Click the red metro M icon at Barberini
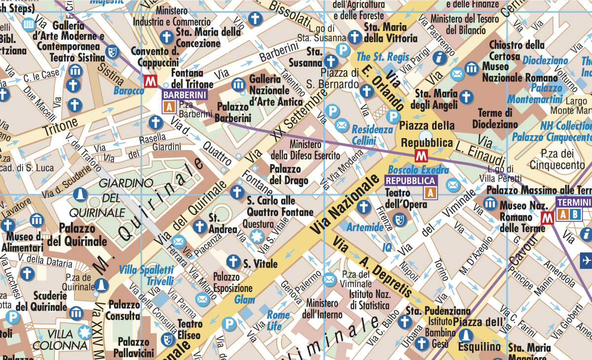point(150,81)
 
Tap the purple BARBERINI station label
point(184,95)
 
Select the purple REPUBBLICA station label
point(411,181)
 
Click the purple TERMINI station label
point(574,202)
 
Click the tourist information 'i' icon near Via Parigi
point(439,58)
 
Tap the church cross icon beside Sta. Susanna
point(332,62)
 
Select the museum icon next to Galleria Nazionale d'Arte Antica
point(239,84)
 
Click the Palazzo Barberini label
point(233,112)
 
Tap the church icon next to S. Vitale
point(233,262)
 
